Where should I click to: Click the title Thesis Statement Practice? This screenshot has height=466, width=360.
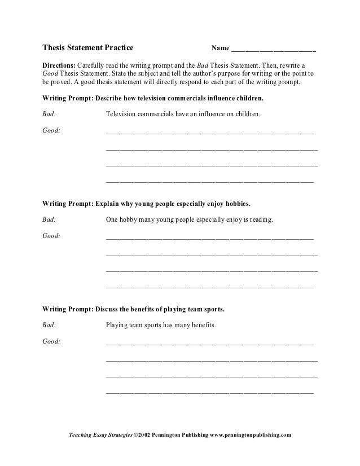tap(88, 48)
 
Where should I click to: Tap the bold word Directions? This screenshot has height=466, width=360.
tap(59, 65)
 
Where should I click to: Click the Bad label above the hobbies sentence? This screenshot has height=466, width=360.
tap(49, 219)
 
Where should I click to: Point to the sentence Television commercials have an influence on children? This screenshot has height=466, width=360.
tap(183, 113)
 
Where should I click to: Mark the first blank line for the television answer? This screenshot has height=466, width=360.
tap(209, 133)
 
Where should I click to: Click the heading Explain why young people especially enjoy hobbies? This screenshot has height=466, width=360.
tap(173, 203)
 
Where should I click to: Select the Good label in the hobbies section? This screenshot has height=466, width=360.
tap(51, 236)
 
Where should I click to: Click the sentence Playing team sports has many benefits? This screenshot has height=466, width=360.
tap(160, 326)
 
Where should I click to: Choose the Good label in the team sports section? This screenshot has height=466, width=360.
tap(51, 342)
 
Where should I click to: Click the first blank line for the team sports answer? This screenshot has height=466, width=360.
tap(209, 344)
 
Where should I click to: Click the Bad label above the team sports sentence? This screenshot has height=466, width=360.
tap(49, 326)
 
